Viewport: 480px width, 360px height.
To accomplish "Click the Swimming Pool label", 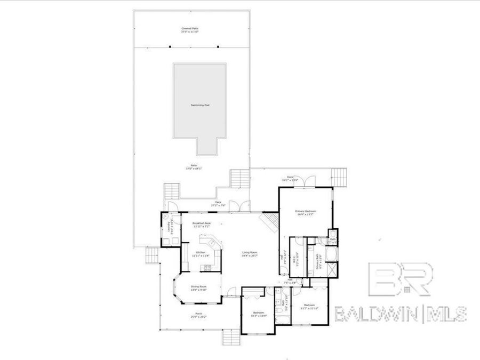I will [x=200, y=105].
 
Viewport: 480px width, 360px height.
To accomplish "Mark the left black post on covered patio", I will [x=170, y=46].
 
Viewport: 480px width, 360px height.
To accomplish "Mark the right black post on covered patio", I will [x=218, y=46].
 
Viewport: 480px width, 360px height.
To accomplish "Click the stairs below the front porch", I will [x=230, y=337].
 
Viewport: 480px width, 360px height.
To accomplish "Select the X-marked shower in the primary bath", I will [x=332, y=270].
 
